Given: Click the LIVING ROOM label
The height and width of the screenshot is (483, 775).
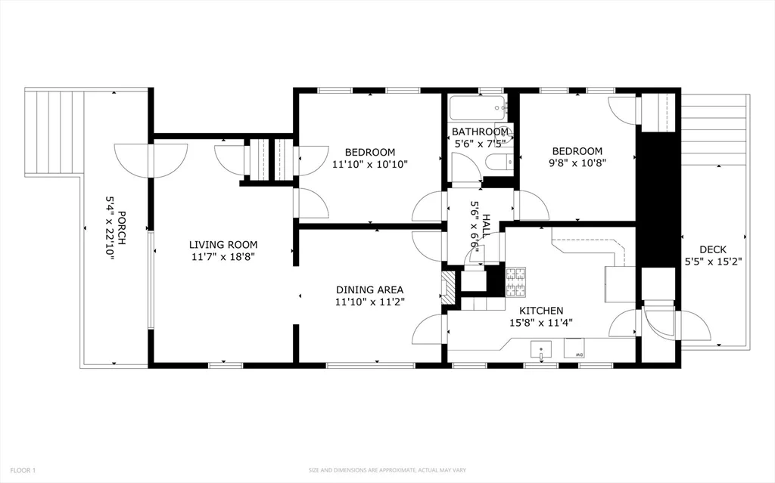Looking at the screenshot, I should [x=223, y=244].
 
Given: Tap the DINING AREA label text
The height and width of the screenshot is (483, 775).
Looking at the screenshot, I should [x=369, y=289].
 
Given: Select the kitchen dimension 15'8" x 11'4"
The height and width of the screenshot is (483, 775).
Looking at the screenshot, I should [x=540, y=322].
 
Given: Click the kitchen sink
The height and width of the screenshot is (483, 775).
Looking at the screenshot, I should [x=541, y=349].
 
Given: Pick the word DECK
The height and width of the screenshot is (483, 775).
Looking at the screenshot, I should [x=712, y=249].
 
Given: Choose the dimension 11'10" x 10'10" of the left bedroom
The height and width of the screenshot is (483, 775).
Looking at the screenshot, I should [x=370, y=163].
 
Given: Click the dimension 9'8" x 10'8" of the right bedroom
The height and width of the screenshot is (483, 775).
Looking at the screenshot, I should [x=576, y=162].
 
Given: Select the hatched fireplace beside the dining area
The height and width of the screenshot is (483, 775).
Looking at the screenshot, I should [x=447, y=288].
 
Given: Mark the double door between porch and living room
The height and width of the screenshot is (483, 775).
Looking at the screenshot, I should [x=151, y=159].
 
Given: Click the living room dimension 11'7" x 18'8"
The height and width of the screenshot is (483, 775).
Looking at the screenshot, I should [x=223, y=257].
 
